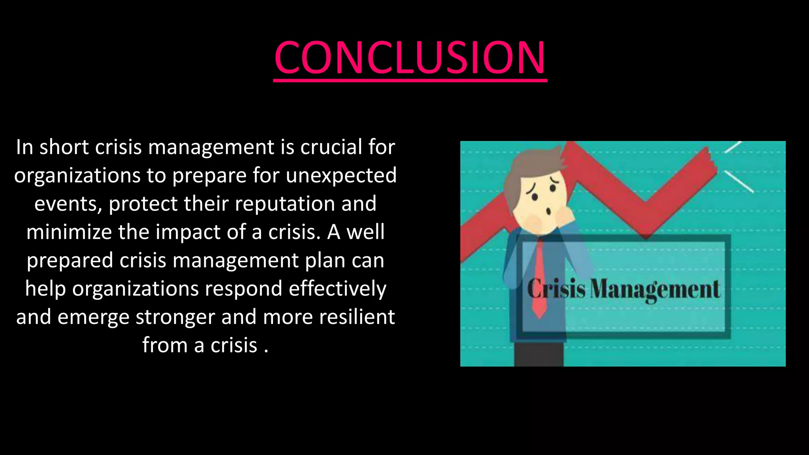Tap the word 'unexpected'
click(341, 175)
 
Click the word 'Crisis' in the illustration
click(556, 289)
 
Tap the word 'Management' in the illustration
click(655, 290)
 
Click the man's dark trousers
click(538, 353)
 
